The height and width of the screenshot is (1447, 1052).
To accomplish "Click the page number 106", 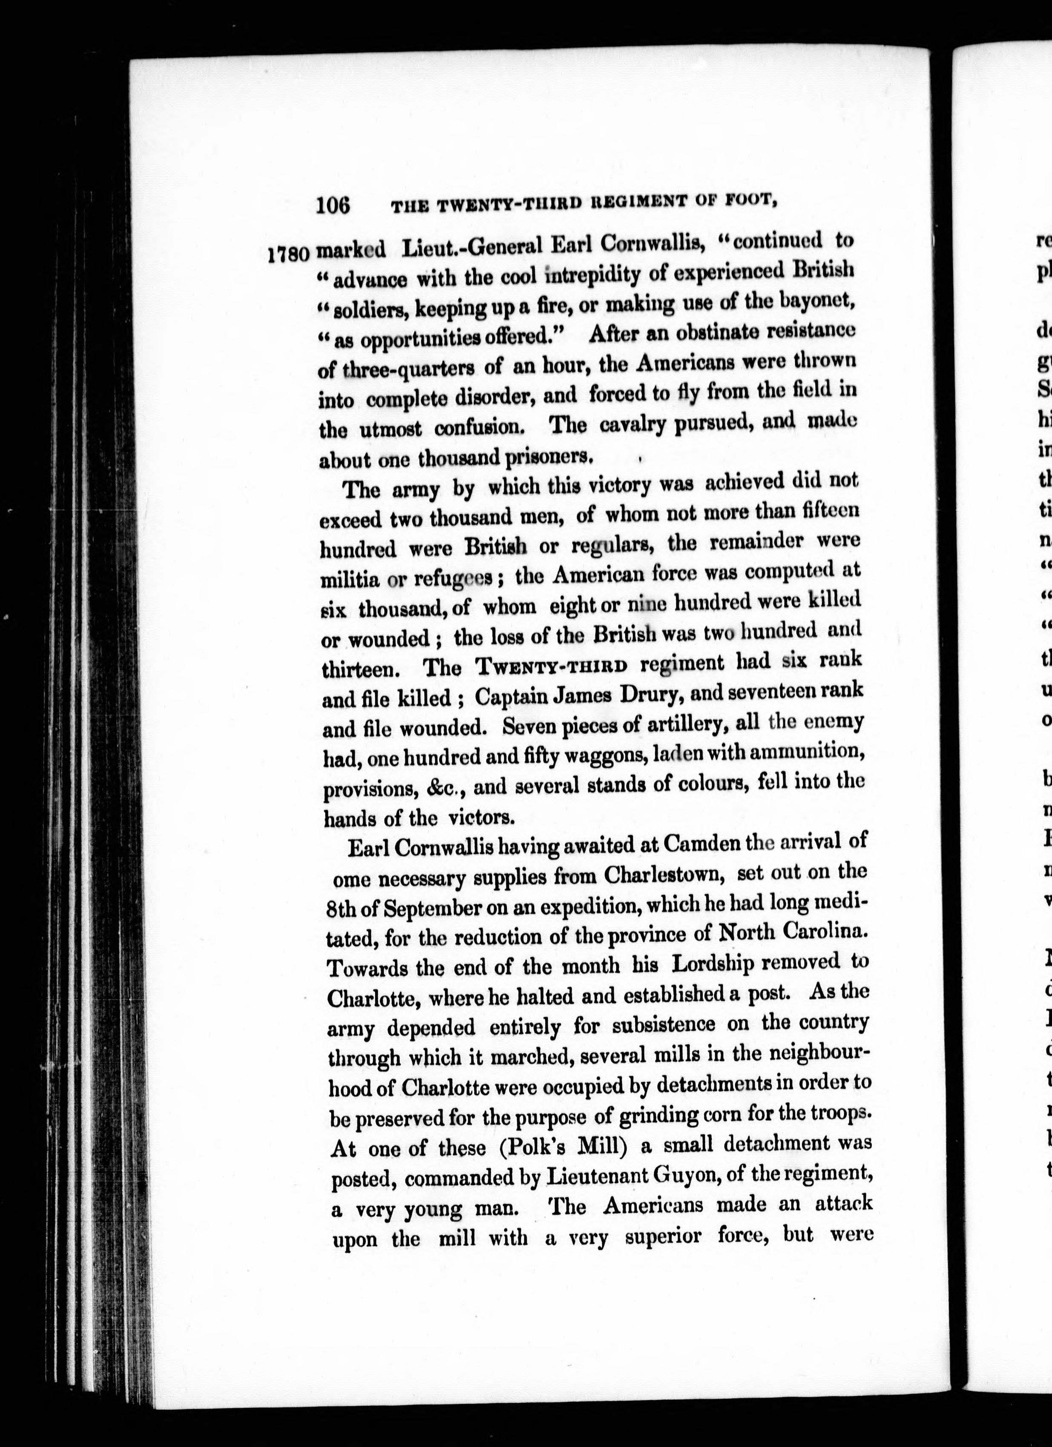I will click(333, 206).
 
